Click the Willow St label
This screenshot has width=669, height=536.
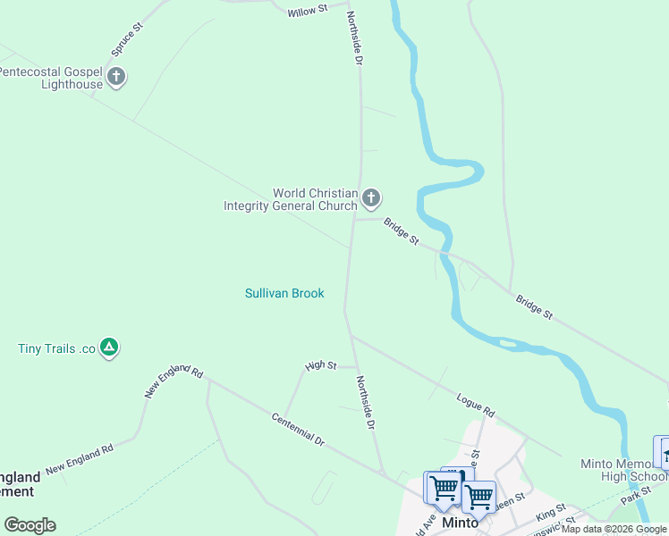coord(308,13)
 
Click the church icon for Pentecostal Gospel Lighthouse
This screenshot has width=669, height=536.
coord(115,77)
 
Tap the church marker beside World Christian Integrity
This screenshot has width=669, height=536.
coord(371,197)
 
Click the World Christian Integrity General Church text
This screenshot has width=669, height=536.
coord(290,199)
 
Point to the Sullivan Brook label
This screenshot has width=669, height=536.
coord(284,293)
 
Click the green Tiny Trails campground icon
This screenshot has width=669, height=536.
coord(109,348)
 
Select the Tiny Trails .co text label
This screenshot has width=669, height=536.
coord(56,348)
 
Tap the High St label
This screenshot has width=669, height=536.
coord(320,365)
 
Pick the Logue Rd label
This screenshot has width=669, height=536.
coord(475,406)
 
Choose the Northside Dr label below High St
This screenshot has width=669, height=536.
coord(364,402)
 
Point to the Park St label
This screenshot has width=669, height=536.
coord(638,493)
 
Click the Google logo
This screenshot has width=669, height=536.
coord(30,524)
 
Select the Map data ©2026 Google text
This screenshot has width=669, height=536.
coord(614,529)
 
